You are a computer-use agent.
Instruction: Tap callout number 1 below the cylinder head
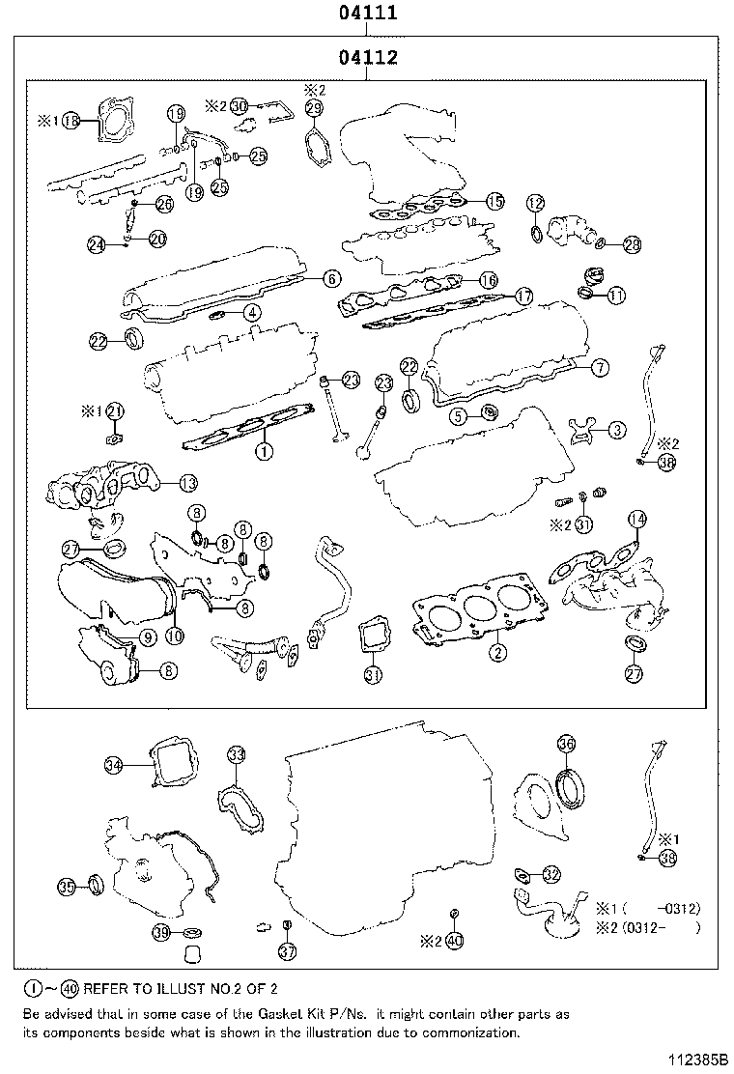pos(261,450)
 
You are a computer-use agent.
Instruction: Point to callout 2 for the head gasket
pos(497,653)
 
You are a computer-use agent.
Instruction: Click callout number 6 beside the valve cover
pos(330,279)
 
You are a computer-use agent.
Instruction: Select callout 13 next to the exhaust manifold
pos(188,482)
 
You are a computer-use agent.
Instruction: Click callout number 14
pos(635,520)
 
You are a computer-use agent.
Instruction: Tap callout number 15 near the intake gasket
pos(494,201)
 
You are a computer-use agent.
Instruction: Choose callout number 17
pos(522,297)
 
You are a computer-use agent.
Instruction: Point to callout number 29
pos(314,109)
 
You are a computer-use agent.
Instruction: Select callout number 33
pos(237,754)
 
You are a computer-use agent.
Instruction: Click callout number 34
pos(114,766)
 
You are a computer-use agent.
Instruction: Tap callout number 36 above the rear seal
pos(567,744)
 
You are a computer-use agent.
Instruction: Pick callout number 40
pos(455,940)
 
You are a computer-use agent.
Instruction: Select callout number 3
pos(616,429)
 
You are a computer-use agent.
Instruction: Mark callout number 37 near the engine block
pos(287,952)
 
